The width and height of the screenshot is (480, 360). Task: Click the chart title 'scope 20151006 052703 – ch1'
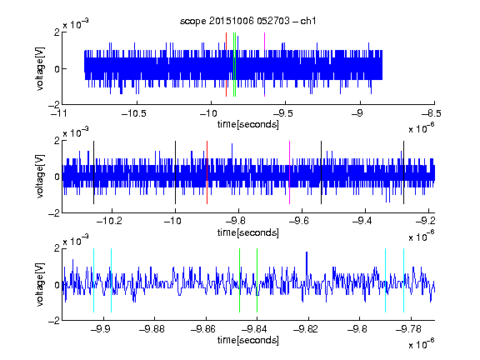tap(247, 21)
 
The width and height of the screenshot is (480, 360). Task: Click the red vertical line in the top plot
tap(226, 65)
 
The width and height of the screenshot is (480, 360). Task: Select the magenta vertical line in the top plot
tap(264, 65)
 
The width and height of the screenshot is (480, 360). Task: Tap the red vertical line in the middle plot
tap(207, 172)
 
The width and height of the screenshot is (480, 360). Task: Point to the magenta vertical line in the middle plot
tap(290, 172)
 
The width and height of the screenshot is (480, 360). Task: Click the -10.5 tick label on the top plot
tap(134, 114)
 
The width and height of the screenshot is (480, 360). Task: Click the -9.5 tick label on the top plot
tap(282, 114)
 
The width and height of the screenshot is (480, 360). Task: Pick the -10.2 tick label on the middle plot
tap(109, 221)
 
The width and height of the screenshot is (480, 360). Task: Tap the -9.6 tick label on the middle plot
tap(298, 221)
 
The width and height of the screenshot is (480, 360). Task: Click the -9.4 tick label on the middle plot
tap(362, 221)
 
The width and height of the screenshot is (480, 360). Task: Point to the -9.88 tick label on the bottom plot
tap(152, 329)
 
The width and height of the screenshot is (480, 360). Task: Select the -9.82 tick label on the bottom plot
tap(306, 329)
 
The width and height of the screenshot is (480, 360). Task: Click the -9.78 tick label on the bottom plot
tap(408, 329)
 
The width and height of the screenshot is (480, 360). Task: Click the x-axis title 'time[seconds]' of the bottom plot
tap(248, 340)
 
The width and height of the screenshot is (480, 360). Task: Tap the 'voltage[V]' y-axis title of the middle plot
tap(40, 176)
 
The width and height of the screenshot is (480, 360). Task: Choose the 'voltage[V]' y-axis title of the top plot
tap(40, 68)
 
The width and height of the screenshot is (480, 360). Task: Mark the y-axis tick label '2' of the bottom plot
tap(57, 248)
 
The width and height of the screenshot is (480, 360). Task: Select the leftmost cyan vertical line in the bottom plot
tap(93, 280)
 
